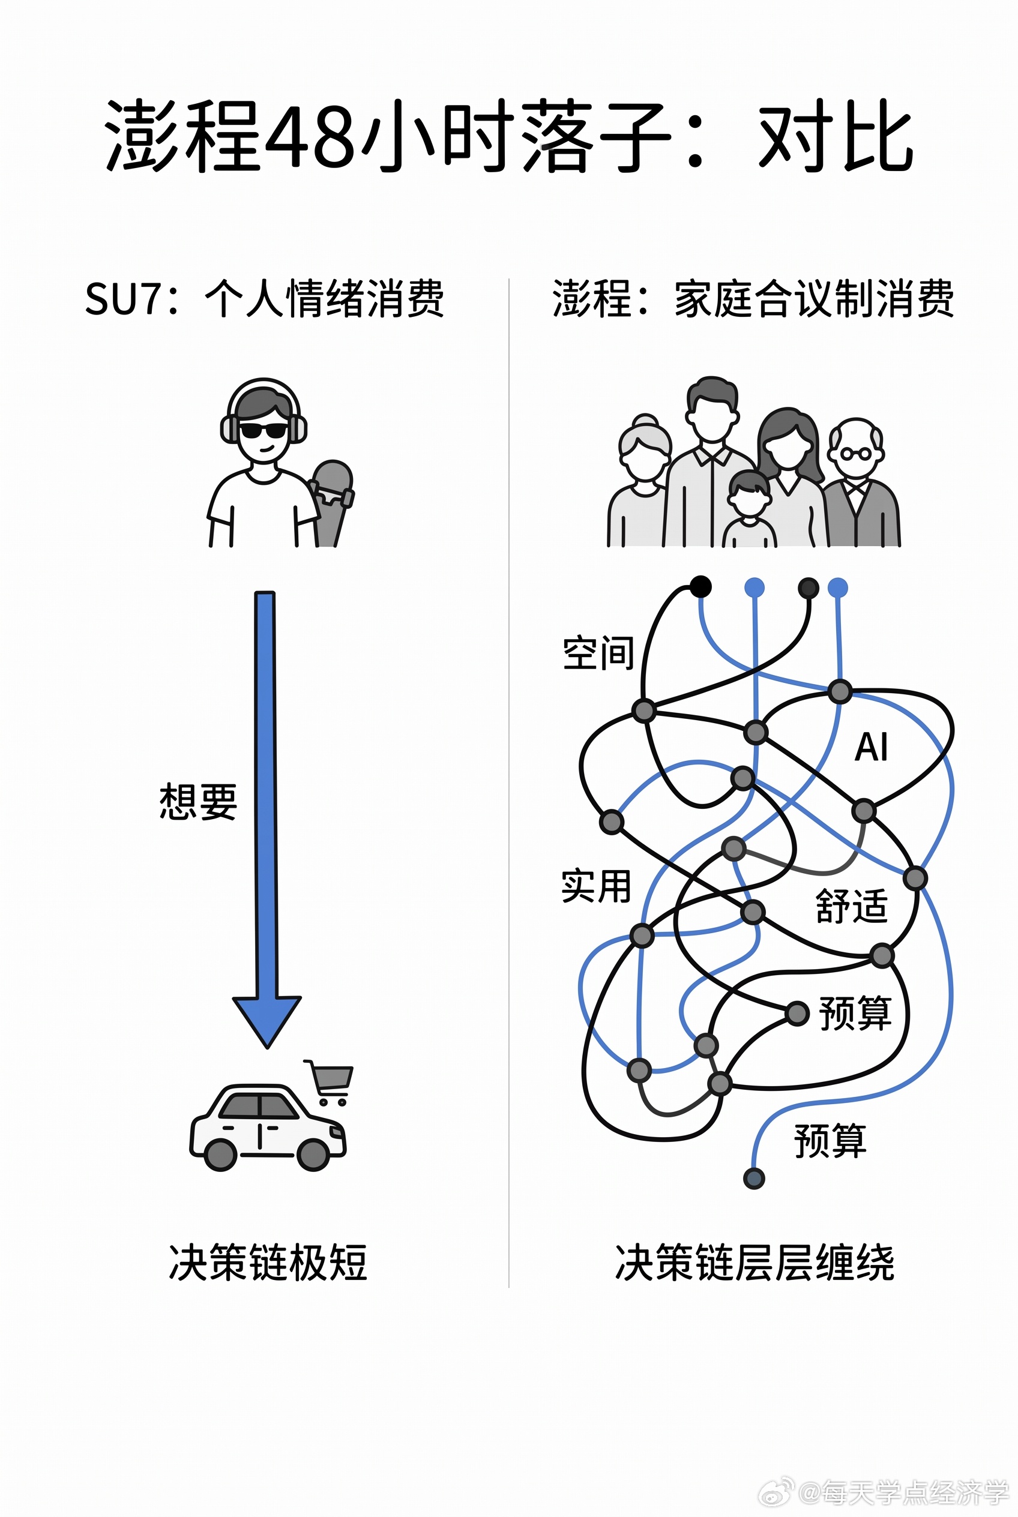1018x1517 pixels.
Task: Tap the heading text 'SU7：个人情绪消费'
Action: click(x=264, y=299)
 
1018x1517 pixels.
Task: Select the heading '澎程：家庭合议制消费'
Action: click(x=753, y=299)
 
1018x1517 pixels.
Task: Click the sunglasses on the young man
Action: click(x=263, y=430)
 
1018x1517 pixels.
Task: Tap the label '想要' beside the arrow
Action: click(x=198, y=801)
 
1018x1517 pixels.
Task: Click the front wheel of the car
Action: click(x=313, y=1155)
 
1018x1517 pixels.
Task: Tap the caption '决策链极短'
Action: click(x=268, y=1263)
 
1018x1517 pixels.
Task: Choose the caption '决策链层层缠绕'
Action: click(x=754, y=1263)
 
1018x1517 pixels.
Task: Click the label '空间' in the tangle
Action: click(x=598, y=652)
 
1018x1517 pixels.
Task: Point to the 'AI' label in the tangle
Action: click(x=872, y=746)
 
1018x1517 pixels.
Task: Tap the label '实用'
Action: click(x=596, y=886)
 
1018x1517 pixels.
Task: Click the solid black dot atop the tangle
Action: click(x=700, y=587)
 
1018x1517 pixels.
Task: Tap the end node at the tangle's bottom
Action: click(x=754, y=1178)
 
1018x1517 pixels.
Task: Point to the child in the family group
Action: click(x=749, y=509)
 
